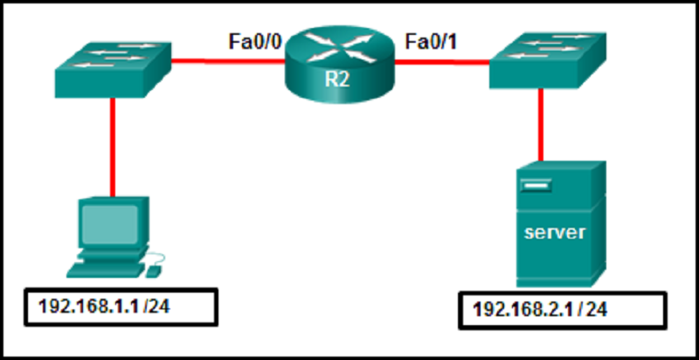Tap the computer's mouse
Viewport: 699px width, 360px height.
(152, 272)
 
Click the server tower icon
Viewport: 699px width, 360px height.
(557, 223)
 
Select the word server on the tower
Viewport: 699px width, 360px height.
(554, 233)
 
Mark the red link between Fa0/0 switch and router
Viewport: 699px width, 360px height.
(227, 61)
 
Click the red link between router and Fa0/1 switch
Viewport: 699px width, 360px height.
(441, 61)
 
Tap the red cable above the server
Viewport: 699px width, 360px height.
(542, 122)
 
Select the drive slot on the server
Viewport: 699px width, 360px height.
(538, 185)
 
